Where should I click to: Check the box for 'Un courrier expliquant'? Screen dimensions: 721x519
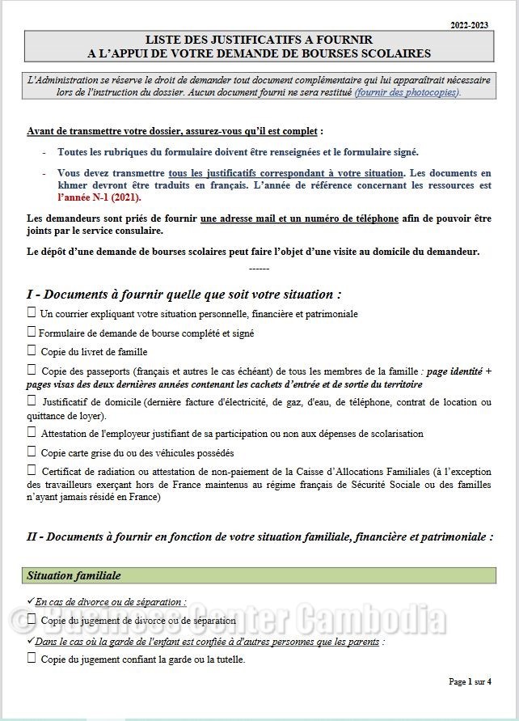(32, 312)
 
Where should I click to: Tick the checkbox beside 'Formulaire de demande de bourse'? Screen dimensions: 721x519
(32, 332)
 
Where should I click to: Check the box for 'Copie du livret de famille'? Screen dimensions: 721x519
(32, 351)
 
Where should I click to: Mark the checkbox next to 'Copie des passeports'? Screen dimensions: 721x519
(32, 370)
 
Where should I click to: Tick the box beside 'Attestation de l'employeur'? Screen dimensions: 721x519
(32, 433)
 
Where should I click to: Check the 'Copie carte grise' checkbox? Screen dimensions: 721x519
(32, 452)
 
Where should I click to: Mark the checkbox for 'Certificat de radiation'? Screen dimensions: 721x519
(32, 470)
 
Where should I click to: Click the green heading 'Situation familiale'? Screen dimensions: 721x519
(74, 575)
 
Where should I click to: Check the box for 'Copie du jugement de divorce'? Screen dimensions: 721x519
(32, 620)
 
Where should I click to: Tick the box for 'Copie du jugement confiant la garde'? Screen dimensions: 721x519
(32, 658)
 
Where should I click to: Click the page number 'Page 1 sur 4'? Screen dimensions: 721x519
(470, 682)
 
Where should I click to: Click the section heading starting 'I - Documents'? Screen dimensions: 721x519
(183, 294)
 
